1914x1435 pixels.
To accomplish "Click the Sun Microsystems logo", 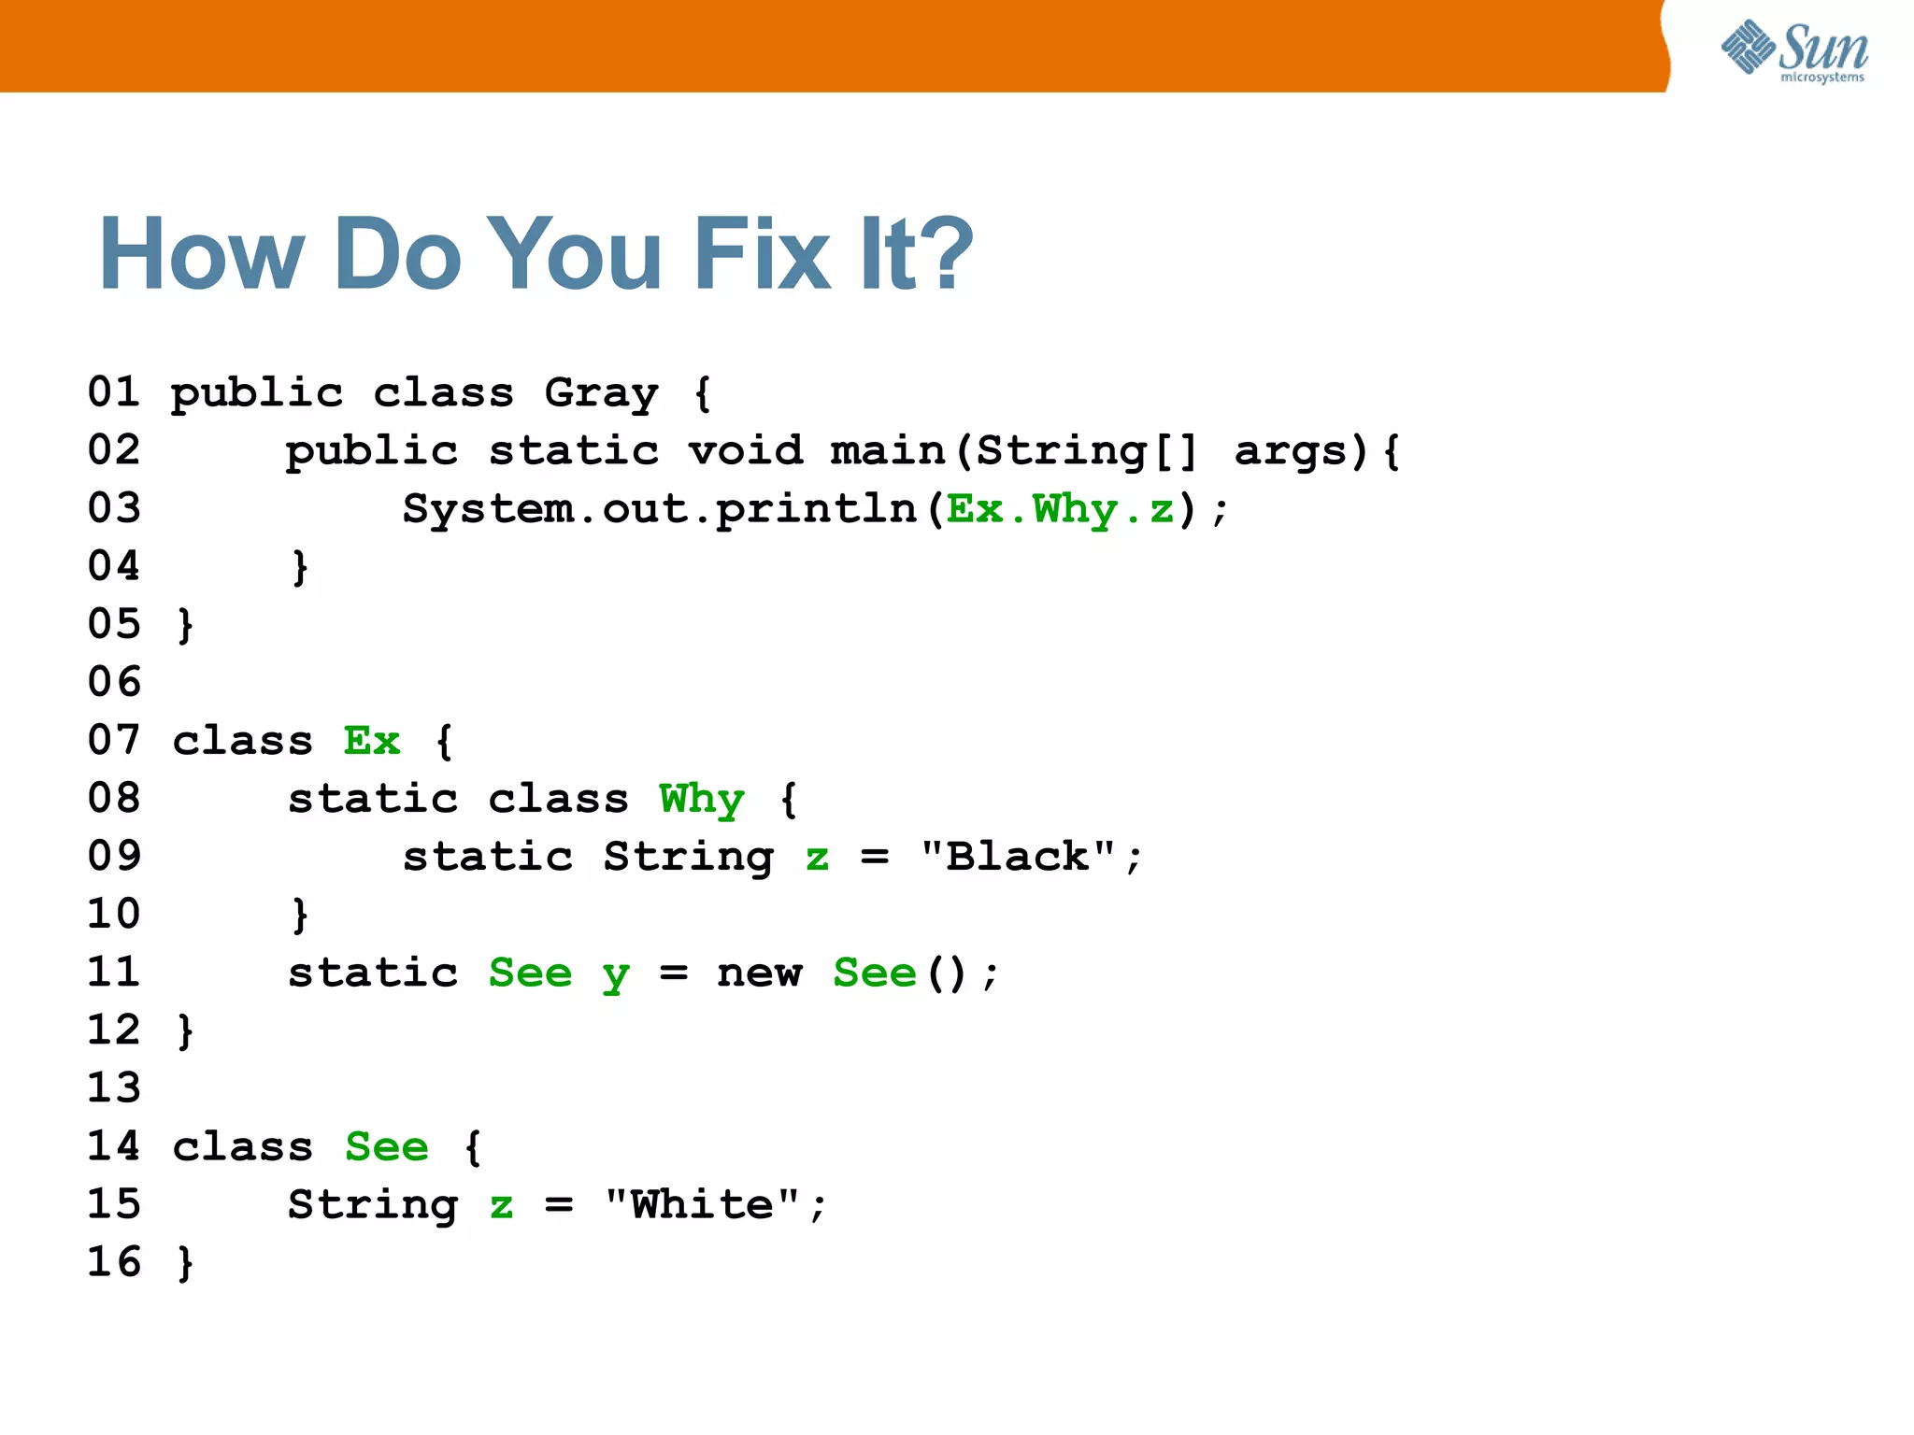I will click(x=1793, y=50).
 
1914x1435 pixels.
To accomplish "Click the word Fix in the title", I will click(x=761, y=254).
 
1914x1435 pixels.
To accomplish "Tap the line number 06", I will click(x=114, y=682).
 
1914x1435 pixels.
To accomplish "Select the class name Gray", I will click(x=601, y=393).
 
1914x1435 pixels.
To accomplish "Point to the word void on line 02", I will click(x=745, y=451).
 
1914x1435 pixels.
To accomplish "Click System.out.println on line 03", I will click(x=659, y=510).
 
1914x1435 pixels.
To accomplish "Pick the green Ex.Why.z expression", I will click(x=1060, y=510).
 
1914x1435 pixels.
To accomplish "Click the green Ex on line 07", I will click(x=371, y=742).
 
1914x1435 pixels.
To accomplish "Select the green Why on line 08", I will click(x=701, y=800).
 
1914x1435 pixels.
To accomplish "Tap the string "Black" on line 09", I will click(x=1018, y=857).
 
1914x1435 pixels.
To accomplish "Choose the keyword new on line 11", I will click(x=759, y=973).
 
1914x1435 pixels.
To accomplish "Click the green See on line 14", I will click(x=386, y=1147).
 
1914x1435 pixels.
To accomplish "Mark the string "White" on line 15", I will click(x=702, y=1205).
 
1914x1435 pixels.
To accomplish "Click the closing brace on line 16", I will click(x=185, y=1263).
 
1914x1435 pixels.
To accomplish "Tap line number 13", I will click(x=114, y=1087).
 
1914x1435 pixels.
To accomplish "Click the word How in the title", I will click(x=202, y=254).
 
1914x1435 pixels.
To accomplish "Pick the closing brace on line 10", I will click(x=299, y=915).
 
